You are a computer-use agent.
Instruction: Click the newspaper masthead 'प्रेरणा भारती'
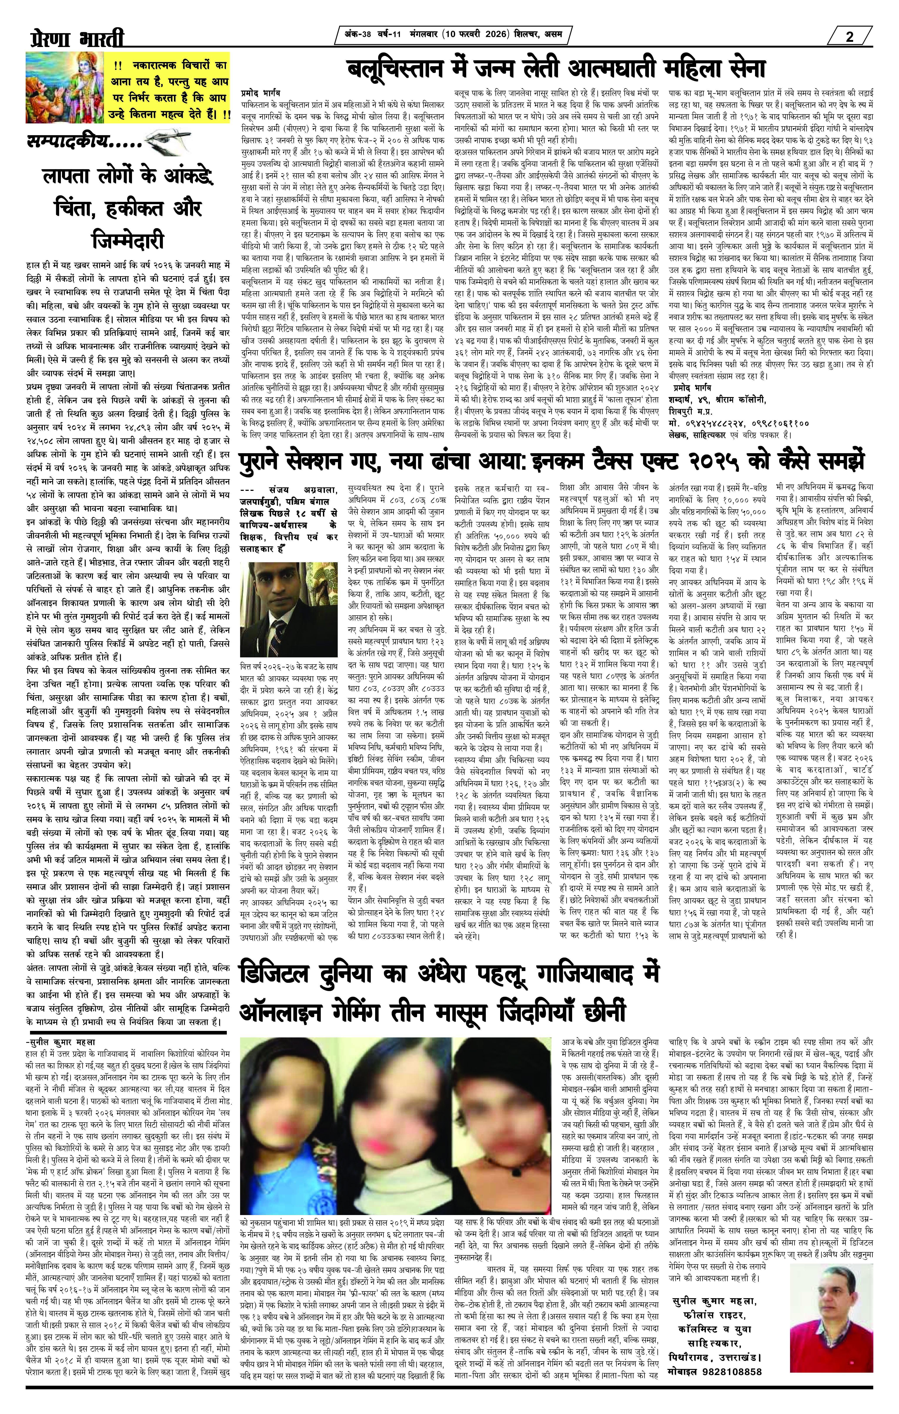tap(76, 40)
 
